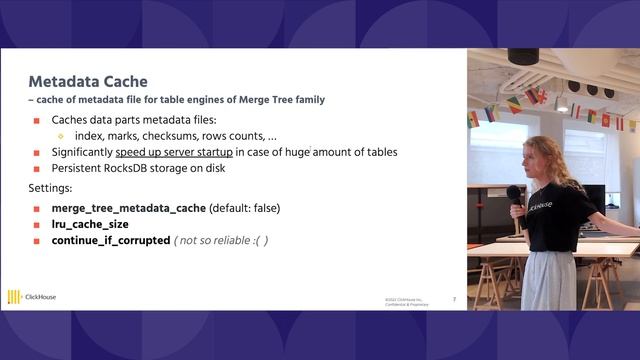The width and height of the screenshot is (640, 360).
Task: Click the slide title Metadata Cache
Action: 88,81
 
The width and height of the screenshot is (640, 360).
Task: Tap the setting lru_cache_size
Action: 90,224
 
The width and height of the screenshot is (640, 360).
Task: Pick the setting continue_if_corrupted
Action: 111,241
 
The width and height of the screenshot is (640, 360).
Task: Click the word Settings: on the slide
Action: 47,187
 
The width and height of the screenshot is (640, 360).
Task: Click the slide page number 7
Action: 454,298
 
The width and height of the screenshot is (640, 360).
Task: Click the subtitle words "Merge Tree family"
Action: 285,99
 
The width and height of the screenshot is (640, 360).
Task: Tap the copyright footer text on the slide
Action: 404,301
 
